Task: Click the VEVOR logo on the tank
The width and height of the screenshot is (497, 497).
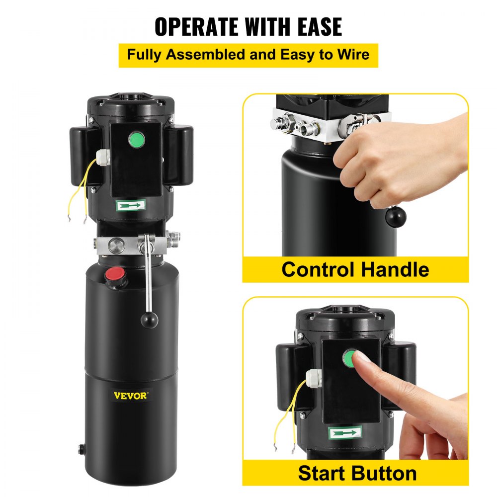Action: coord(130,396)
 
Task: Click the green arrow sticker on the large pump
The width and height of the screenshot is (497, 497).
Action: coord(132,204)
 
